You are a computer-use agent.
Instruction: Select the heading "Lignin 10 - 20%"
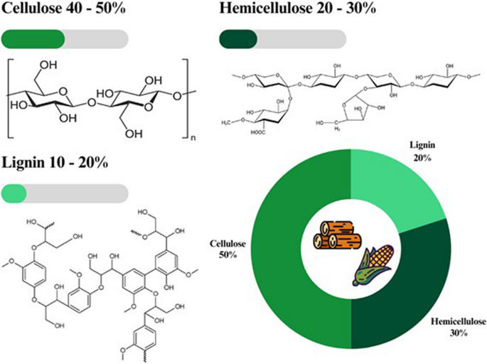click(x=55, y=163)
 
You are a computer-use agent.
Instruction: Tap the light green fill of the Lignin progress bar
click(x=14, y=193)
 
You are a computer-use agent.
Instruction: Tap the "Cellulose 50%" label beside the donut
click(x=227, y=248)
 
